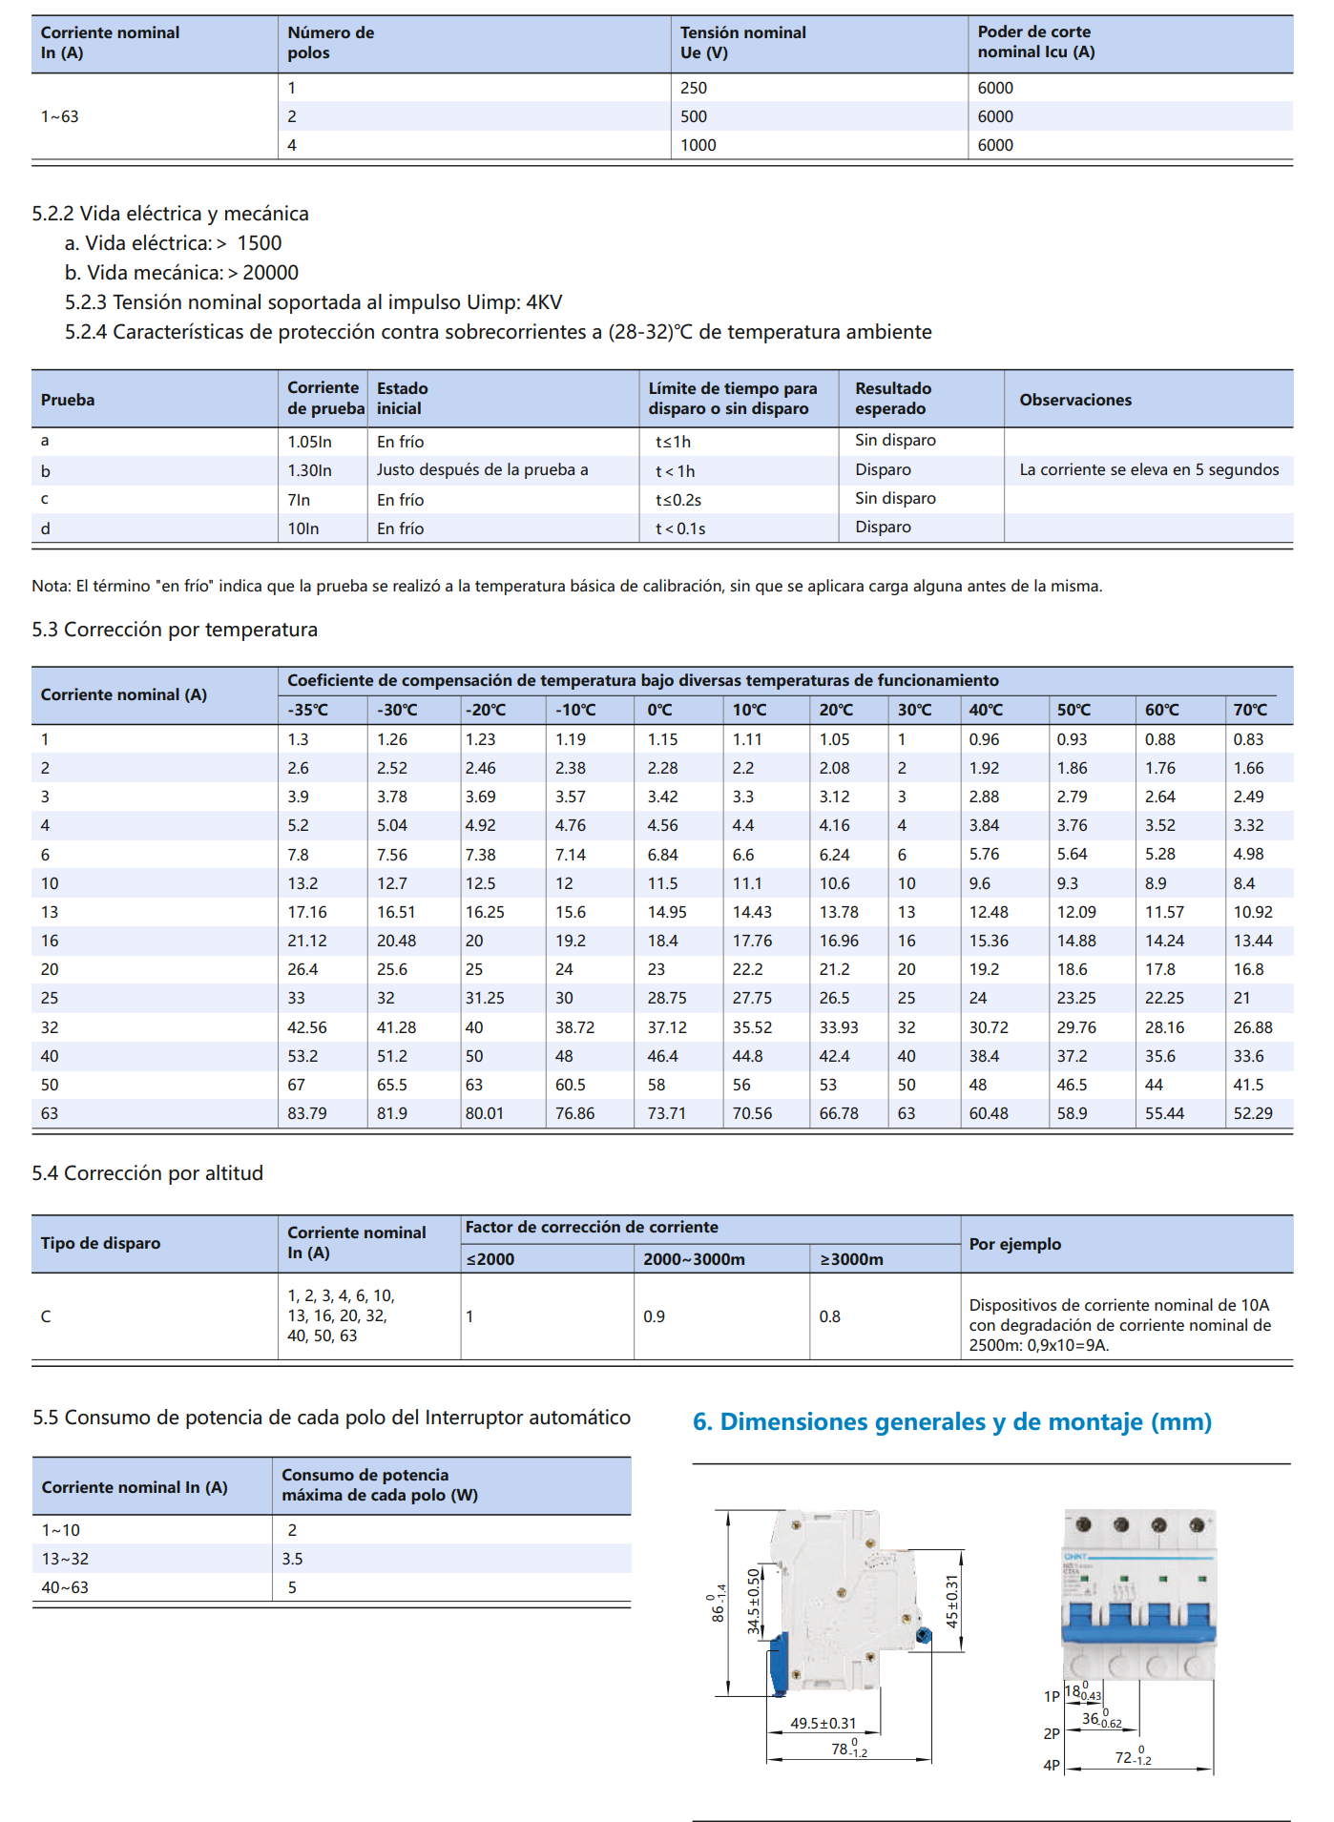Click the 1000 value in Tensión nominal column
pos(698,145)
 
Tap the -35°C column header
pos(307,710)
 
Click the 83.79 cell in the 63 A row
pos(306,1113)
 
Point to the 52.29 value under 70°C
pos(1252,1113)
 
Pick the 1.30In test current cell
pos(309,470)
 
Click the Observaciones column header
pos(1075,400)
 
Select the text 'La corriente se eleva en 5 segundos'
pos(1149,469)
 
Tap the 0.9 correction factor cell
pos(654,1316)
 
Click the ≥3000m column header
pos(851,1259)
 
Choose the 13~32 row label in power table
pos(65,1559)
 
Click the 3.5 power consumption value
pos(292,1559)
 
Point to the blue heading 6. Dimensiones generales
pos(951,1421)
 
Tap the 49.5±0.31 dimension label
pos(823,1724)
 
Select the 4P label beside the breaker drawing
pos(1052,1766)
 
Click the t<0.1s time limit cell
pos(679,528)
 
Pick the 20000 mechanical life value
pos(270,273)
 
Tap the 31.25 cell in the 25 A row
pos(485,998)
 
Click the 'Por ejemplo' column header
pos(1014,1244)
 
